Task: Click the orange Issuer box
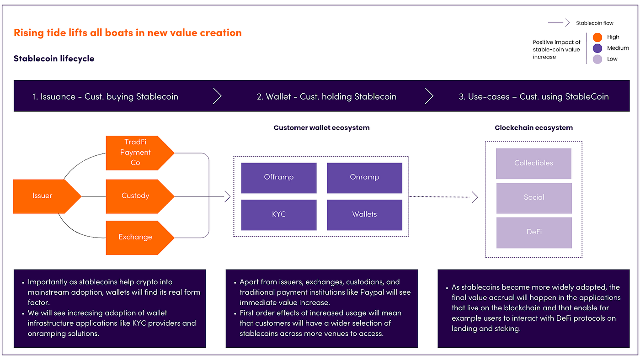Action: tap(43, 196)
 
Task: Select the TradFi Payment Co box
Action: tap(136, 153)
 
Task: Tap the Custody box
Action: tap(136, 196)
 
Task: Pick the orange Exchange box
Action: tap(136, 237)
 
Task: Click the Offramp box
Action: tap(278, 177)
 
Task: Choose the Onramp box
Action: tap(364, 177)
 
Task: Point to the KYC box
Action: tap(278, 214)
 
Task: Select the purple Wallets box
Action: tap(364, 214)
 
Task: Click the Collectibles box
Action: tap(533, 163)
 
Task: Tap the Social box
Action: tap(533, 198)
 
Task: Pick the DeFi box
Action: tap(533, 233)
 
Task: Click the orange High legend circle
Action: tap(597, 37)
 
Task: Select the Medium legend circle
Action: tap(597, 48)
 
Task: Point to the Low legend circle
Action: tap(597, 59)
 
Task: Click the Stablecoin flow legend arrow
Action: tap(559, 23)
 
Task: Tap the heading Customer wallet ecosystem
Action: tap(321, 128)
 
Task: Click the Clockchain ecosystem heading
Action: tap(533, 128)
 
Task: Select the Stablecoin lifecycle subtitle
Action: tap(54, 58)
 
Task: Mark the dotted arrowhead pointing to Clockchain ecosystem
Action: tap(475, 197)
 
